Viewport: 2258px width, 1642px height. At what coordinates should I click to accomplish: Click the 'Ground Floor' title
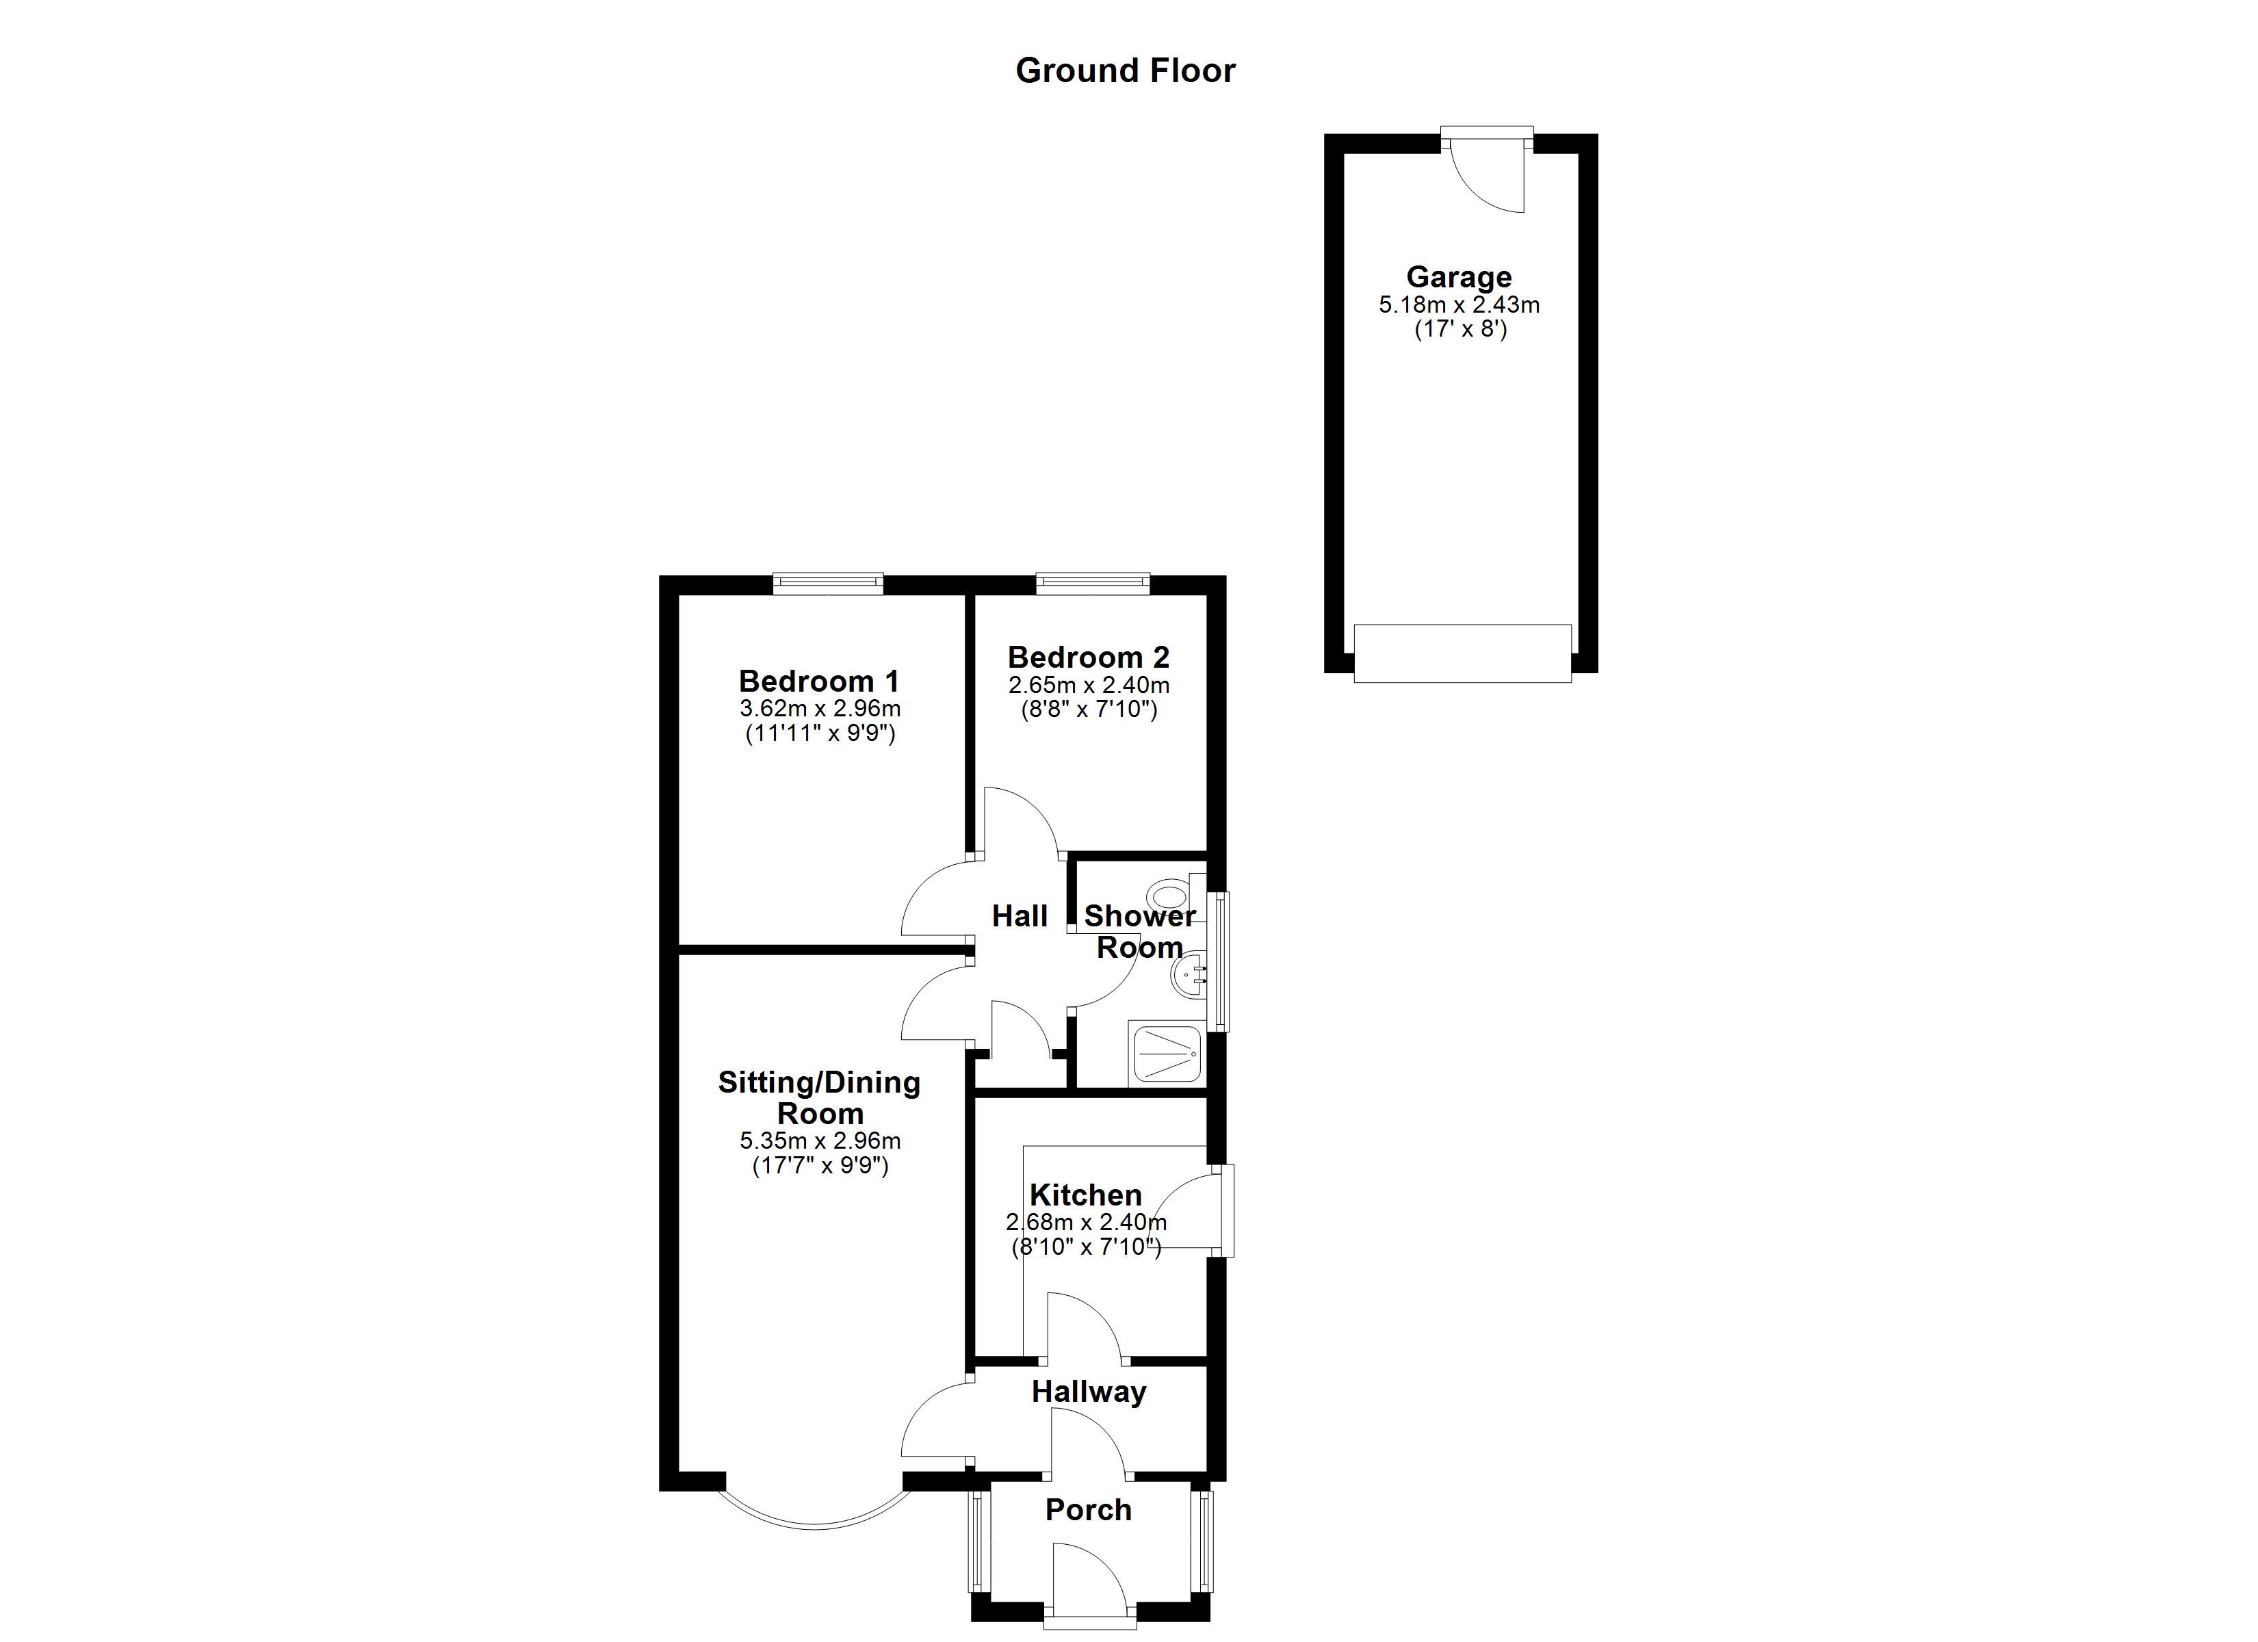tap(1125, 70)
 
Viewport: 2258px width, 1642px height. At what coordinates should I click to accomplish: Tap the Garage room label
tap(1459, 277)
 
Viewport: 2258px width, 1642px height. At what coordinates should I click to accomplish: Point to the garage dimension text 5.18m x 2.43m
tap(1459, 304)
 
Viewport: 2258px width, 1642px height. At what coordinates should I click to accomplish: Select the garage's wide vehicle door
tap(1462, 653)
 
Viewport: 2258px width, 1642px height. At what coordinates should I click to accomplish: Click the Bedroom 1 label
tap(818, 681)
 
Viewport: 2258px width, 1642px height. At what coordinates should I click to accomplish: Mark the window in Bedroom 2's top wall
tap(1093, 584)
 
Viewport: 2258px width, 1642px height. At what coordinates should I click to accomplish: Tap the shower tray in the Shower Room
tap(1166, 1052)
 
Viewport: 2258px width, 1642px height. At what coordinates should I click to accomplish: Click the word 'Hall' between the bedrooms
tap(1020, 916)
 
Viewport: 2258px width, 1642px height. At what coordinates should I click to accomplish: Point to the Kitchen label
tap(1085, 1195)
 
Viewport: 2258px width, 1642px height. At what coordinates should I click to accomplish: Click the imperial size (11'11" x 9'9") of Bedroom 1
tap(820, 734)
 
